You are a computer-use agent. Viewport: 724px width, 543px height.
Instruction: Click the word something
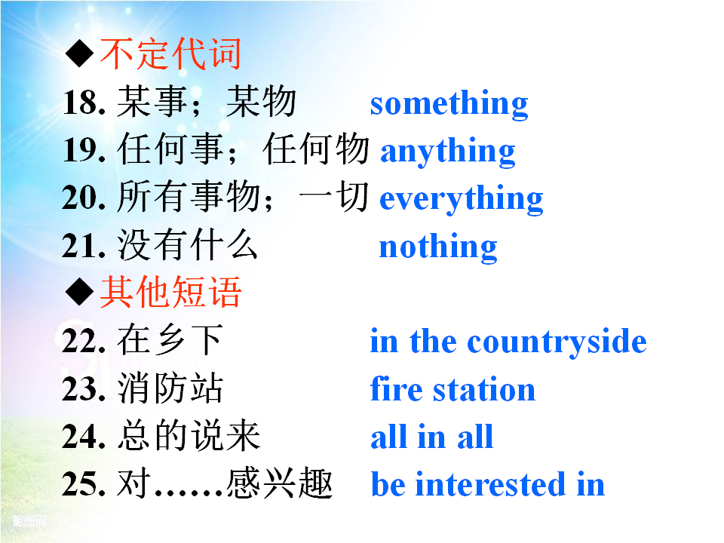coord(449,104)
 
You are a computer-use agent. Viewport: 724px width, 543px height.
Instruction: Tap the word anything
coord(447,152)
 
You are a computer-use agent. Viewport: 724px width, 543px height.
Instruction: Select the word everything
coord(461,199)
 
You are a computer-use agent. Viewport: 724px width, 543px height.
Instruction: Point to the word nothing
coord(437,247)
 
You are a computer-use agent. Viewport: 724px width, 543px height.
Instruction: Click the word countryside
coord(557,342)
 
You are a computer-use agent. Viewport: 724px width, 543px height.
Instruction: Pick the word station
coord(484,390)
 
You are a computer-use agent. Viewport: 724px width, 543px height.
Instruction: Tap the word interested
coord(490,484)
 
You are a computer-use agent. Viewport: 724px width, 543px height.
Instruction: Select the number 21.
coord(84,246)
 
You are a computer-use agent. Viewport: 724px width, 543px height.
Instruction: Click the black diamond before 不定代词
coord(80,53)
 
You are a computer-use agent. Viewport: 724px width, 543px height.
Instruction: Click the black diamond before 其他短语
coord(80,291)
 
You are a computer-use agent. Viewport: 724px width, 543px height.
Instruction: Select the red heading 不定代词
coord(170,54)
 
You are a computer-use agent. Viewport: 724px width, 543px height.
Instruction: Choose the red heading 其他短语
coord(170,292)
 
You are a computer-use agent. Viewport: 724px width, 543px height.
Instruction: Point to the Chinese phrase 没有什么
coord(187,245)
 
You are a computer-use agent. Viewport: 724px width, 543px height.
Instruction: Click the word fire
coord(396,389)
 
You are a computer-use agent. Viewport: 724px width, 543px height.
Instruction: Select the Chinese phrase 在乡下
coord(170,340)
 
